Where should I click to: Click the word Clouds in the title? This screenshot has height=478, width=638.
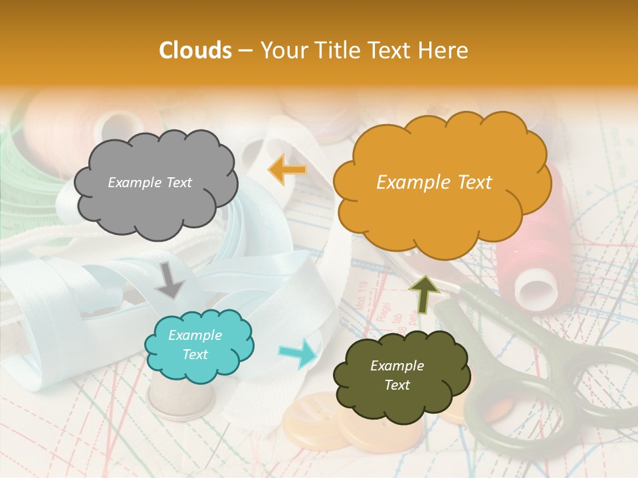click(195, 50)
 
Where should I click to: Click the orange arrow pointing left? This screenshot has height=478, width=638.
click(287, 170)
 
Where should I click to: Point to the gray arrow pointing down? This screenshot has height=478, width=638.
click(170, 280)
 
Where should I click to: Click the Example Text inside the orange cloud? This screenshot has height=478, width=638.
click(434, 183)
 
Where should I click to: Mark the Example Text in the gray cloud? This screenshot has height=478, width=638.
click(150, 183)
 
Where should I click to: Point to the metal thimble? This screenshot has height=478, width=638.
click(181, 399)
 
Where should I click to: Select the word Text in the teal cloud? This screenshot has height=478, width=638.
click(195, 355)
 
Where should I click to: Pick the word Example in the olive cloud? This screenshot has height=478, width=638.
click(397, 366)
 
